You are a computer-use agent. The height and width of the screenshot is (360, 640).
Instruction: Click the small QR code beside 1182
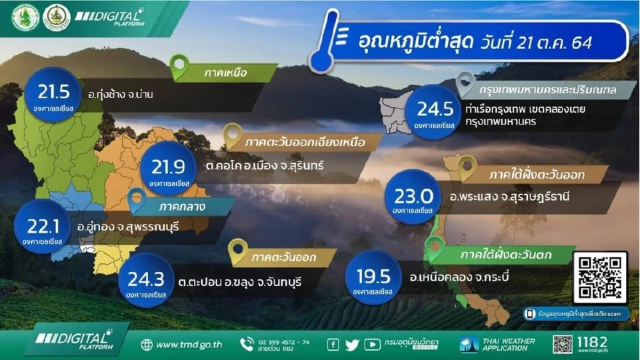tap(562, 344)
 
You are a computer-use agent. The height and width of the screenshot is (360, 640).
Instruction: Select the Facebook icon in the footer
tap(333, 345)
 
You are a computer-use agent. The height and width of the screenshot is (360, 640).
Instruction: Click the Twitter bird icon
tap(352, 345)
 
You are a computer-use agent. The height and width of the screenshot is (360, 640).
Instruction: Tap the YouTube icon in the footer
tap(372, 345)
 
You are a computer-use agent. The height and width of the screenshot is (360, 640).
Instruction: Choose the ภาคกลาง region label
tap(181, 207)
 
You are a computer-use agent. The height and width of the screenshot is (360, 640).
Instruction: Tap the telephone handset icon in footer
tap(247, 344)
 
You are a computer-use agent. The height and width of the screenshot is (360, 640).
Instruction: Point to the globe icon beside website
tap(147, 345)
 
